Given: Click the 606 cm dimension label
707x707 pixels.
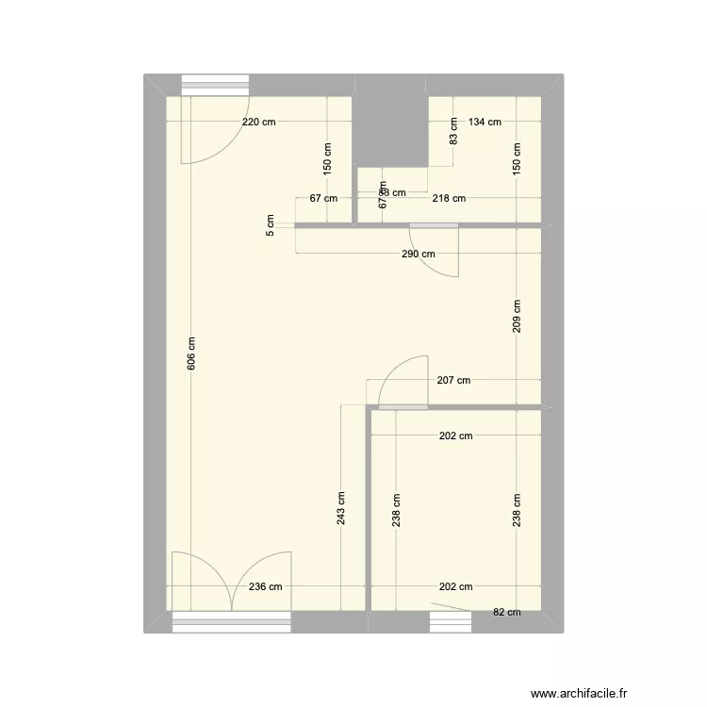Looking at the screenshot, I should [x=191, y=353].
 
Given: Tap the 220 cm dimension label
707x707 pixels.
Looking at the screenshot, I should [x=259, y=122].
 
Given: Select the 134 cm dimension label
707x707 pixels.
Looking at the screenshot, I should [x=485, y=122].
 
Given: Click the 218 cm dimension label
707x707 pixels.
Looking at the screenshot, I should [x=449, y=198].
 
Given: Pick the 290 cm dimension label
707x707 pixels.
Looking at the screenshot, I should [x=418, y=254].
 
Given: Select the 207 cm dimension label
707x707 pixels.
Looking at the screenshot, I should [x=453, y=381].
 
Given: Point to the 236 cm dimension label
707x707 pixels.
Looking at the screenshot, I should [x=265, y=586].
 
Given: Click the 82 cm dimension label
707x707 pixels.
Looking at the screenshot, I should [x=506, y=612].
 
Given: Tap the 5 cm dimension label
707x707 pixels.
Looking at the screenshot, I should [x=271, y=226].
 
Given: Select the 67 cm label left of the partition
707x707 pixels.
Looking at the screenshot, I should [x=323, y=198].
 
